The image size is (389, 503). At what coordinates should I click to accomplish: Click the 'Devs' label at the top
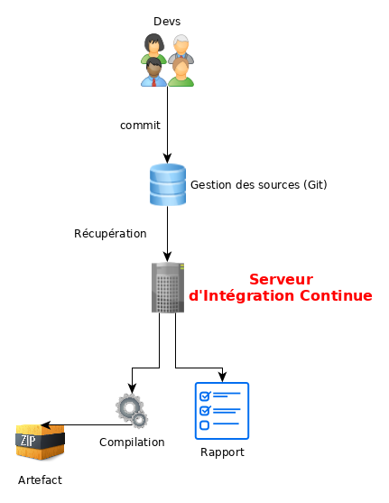(x=167, y=20)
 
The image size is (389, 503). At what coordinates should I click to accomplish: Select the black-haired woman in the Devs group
(x=153, y=48)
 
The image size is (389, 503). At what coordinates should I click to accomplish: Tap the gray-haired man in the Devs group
(x=182, y=48)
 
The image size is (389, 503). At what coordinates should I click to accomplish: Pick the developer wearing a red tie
(x=153, y=72)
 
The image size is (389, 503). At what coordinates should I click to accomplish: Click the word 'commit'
(x=140, y=125)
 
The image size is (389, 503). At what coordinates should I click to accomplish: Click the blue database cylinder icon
(x=167, y=184)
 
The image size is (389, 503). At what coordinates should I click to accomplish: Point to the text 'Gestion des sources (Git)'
(x=258, y=184)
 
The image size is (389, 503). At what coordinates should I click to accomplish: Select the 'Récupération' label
(x=110, y=233)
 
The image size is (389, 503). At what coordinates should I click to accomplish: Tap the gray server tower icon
(x=167, y=288)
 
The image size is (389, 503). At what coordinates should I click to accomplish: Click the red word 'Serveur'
(x=281, y=279)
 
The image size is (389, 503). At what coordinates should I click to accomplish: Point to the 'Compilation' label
(x=132, y=442)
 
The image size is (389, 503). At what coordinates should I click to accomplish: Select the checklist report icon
(x=221, y=410)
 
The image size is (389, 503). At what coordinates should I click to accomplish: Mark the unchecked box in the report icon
(x=204, y=424)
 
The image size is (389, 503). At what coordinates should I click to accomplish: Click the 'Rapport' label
(x=222, y=452)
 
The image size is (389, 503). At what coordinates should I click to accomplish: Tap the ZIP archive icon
(x=40, y=442)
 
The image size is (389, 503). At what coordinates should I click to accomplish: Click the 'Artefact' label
(x=40, y=480)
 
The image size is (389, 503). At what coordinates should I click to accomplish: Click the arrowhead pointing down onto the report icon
(x=222, y=377)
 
